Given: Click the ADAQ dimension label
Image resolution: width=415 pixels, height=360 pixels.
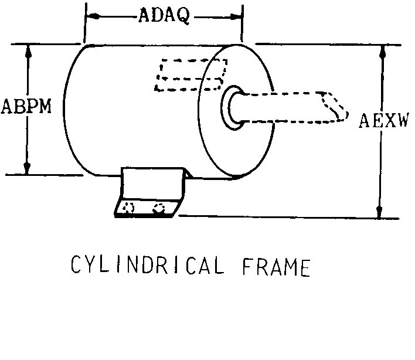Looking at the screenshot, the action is point(164,15).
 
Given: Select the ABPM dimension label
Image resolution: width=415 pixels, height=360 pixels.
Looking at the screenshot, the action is point(26,106).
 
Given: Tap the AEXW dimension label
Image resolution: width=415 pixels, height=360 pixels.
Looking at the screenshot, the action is point(384,120).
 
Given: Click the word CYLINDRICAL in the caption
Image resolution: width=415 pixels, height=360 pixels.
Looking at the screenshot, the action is point(148,264).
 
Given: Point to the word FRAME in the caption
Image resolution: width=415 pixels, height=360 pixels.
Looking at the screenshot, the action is point(277,267).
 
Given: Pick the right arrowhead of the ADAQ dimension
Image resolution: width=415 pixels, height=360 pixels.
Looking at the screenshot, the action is point(236,17).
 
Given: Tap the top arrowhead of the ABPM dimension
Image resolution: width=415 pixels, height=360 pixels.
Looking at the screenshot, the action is point(29,52).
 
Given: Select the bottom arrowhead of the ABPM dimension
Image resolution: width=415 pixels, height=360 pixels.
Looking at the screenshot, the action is point(27,168).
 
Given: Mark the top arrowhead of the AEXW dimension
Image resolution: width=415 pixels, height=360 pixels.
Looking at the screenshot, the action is point(383,52).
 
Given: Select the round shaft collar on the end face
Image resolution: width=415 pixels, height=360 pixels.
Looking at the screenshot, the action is point(232,108).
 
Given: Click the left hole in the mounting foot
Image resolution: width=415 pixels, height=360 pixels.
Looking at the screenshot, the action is point(128,208).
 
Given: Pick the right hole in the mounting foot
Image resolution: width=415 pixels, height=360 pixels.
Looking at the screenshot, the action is point(159,208).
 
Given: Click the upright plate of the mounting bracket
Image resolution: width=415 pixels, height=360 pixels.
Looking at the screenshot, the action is point(152,183).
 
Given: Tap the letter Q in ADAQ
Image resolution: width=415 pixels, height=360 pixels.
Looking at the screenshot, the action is point(183,16).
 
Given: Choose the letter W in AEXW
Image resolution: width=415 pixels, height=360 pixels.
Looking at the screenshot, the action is point(402,120).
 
